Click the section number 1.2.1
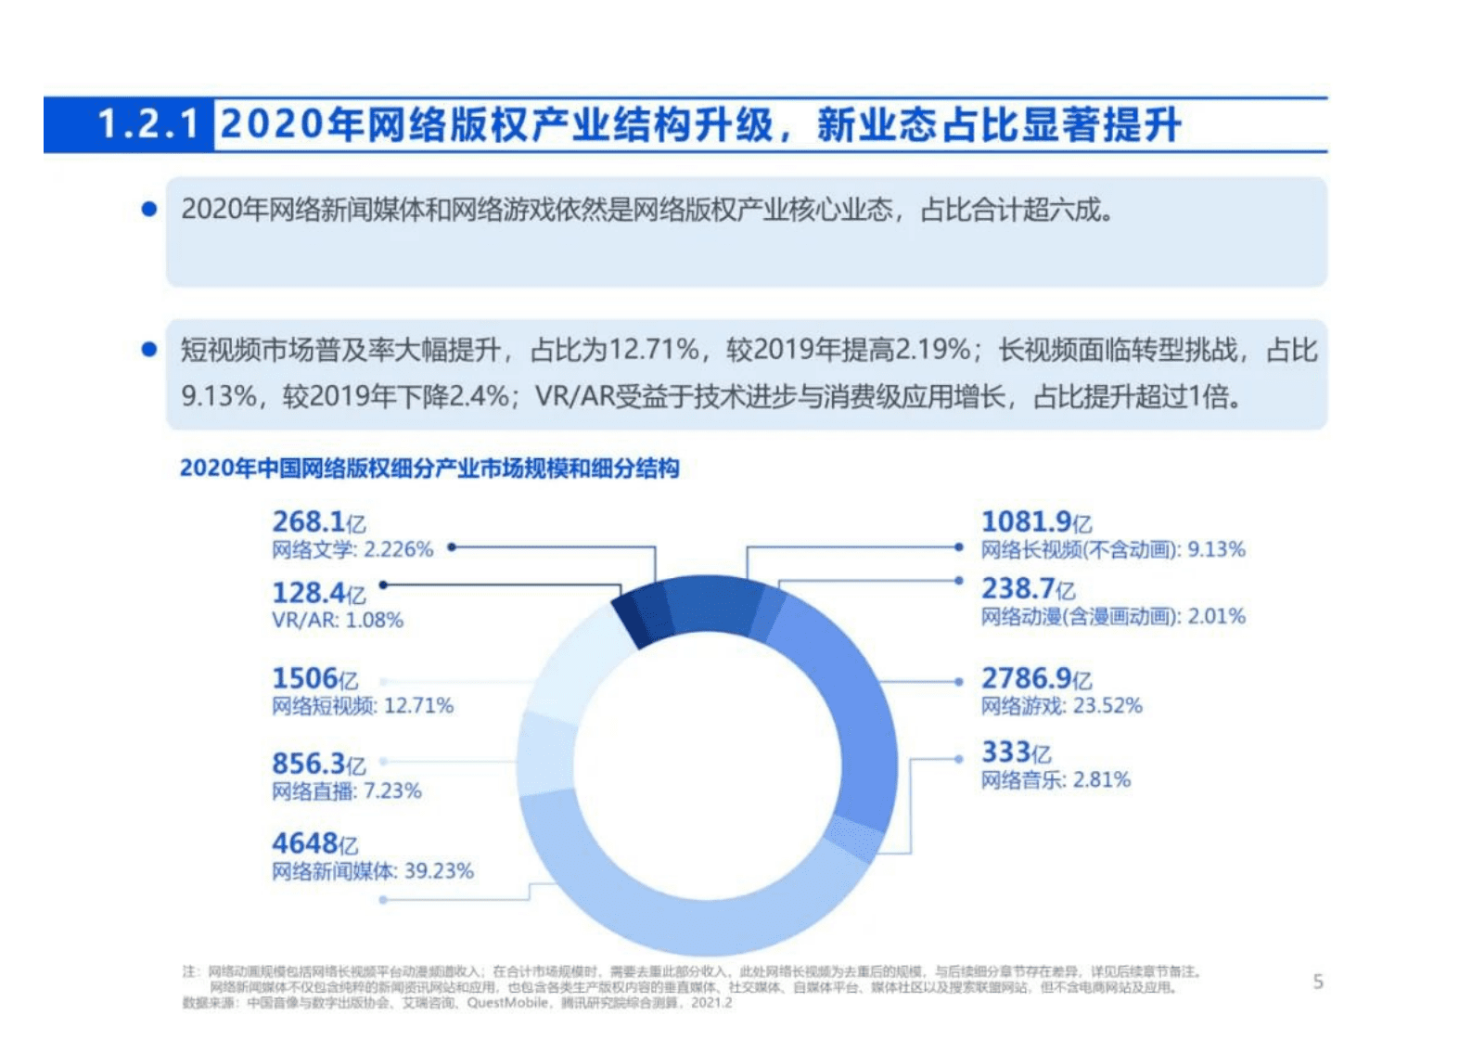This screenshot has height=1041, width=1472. pos(148,124)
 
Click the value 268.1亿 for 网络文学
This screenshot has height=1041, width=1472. pos(318,521)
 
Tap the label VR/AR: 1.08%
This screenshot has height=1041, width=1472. pos(338,620)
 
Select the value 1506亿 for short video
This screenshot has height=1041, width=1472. pos(314,678)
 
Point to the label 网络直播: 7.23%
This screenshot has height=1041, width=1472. pos(346,791)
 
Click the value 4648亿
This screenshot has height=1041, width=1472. pos(314,843)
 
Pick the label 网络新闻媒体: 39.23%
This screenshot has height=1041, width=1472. pos(372,871)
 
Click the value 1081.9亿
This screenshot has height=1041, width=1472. pos(1036,521)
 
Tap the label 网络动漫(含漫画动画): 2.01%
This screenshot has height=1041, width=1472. pos(1113,616)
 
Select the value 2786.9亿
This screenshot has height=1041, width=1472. pos(1036,678)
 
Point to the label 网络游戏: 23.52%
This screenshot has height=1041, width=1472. pos(1061,706)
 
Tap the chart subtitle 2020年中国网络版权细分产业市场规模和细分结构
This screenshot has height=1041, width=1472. pos(429,469)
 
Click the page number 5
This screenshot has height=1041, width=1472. pos(1318,982)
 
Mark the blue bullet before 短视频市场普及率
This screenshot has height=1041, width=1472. pos(148,350)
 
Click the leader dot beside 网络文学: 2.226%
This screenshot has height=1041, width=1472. pos(452,547)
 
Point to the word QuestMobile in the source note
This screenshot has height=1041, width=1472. pos(507,1003)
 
